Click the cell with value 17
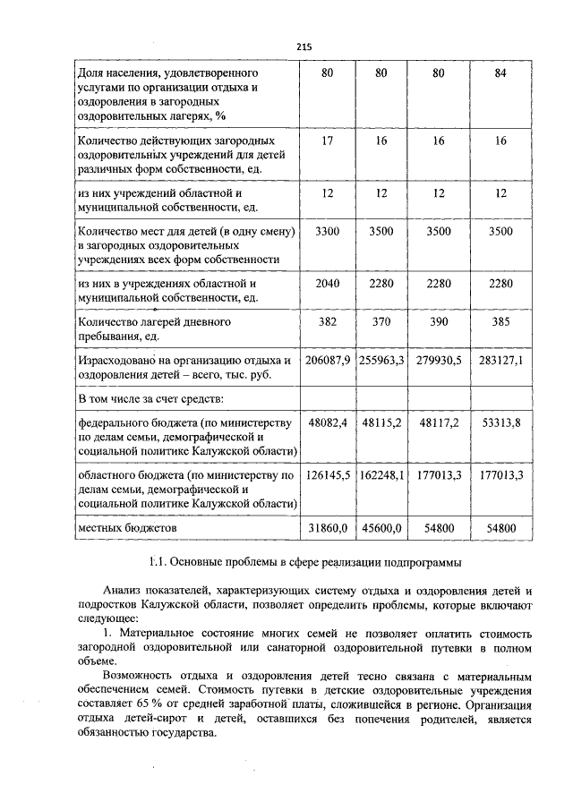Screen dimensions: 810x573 coord(327,141)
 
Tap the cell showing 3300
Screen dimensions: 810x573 coord(327,231)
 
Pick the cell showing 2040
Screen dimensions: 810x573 coord(327,284)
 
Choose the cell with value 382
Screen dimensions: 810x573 coord(327,320)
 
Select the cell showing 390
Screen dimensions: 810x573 coord(438,320)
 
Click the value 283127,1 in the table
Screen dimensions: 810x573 coord(500,360)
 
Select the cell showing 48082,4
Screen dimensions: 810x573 coord(327,422)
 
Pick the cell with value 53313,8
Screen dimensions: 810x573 coord(500,422)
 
